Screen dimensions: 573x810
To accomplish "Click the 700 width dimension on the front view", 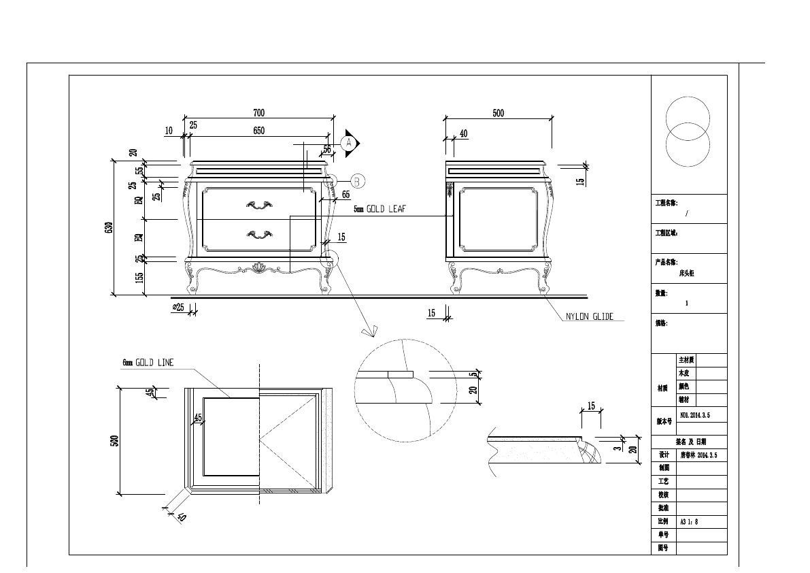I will [x=258, y=113].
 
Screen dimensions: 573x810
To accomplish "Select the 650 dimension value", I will [x=258, y=131].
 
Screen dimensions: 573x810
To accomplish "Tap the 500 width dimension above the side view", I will [x=499, y=113].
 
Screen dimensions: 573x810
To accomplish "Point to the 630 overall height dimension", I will [x=109, y=228].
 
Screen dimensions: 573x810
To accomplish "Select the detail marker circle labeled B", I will [x=358, y=181].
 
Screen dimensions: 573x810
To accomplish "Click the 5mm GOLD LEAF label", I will [x=379, y=210].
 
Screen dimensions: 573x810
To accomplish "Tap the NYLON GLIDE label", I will [x=590, y=316].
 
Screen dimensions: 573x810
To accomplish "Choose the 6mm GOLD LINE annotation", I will [x=148, y=363].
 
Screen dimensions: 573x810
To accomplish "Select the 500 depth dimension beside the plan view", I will [x=115, y=440].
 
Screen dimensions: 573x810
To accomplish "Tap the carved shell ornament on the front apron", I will [x=258, y=267].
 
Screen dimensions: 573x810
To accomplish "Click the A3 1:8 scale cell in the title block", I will [x=690, y=522].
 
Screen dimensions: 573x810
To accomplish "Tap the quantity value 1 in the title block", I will [x=686, y=303].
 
